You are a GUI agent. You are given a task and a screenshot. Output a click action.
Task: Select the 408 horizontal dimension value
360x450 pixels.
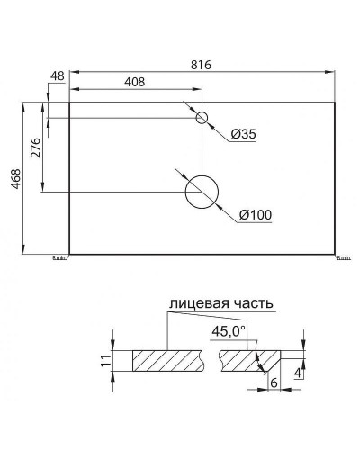(135, 82)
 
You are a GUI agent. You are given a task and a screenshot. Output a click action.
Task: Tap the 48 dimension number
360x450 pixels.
(58, 77)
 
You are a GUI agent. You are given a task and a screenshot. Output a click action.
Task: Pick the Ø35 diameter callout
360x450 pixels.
(244, 134)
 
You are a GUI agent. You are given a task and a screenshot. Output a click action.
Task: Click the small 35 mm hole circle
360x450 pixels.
(202, 118)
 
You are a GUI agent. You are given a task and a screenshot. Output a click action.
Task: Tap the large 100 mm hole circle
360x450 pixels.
(202, 190)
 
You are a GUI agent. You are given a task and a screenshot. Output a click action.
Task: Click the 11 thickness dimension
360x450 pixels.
(105, 362)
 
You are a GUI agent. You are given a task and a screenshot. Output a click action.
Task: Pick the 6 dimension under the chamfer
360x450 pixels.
(272, 382)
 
